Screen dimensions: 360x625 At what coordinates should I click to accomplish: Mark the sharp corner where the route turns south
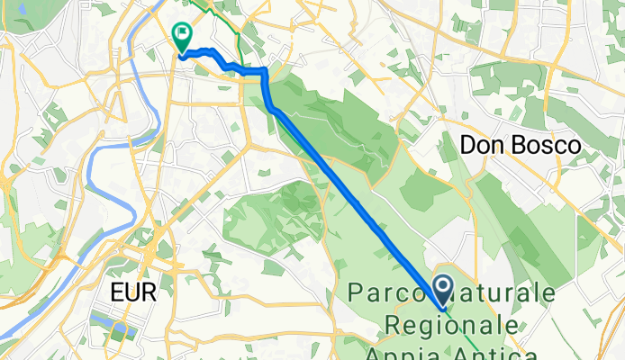[265, 70]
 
